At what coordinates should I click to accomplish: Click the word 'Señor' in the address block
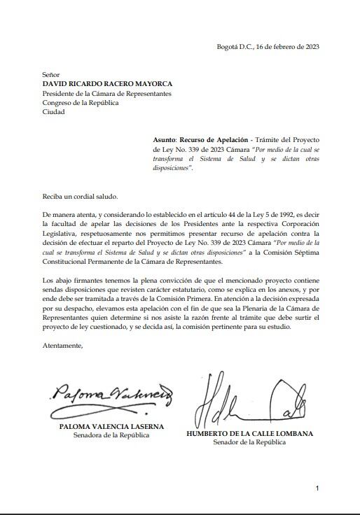click(51, 74)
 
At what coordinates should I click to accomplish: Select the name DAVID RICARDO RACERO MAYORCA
click(107, 84)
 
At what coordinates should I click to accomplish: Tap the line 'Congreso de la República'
click(81, 103)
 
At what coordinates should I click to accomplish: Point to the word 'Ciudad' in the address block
click(53, 112)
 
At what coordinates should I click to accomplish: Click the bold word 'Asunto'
click(164, 140)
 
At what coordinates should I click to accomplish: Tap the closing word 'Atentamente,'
click(63, 346)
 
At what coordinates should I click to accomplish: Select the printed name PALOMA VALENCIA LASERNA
click(111, 426)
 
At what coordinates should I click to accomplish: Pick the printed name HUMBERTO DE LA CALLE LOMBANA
click(249, 433)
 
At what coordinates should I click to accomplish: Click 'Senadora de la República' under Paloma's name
click(111, 435)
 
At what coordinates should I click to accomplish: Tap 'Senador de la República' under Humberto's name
click(249, 442)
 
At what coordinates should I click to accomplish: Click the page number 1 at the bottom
click(317, 488)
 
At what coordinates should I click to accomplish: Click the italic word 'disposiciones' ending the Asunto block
click(172, 169)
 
